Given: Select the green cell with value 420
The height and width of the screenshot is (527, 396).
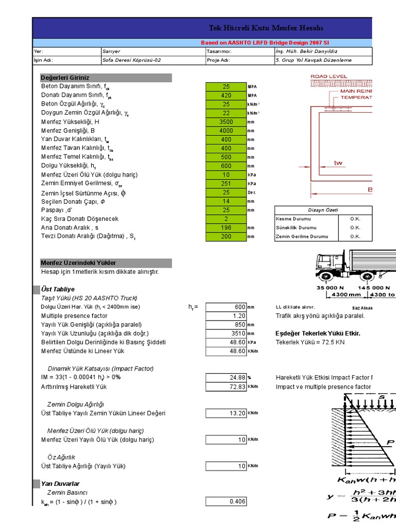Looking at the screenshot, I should point(226,95).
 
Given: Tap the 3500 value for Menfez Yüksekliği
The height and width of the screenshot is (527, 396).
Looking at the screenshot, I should point(226,122).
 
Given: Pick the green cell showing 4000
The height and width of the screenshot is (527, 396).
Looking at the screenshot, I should point(226,131).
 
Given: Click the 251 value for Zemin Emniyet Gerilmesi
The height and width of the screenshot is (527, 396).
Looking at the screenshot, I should point(226,184).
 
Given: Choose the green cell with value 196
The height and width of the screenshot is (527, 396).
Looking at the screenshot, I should point(226,227).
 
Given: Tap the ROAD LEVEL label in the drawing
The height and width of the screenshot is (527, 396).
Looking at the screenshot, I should point(328,77).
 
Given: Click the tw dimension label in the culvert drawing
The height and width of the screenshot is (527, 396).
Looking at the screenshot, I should point(338,163).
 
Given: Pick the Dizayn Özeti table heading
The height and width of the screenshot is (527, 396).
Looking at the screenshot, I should point(323,210).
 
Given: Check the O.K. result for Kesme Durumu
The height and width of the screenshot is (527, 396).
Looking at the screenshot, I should point(355,219).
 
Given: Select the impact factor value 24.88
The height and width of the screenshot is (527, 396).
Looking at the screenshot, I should point(226,377).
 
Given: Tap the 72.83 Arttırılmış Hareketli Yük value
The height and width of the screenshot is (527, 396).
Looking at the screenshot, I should point(226,387).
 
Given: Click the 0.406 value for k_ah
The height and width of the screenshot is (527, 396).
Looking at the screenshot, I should point(226,501).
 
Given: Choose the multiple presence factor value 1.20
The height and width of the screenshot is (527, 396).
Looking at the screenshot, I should point(226,316).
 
